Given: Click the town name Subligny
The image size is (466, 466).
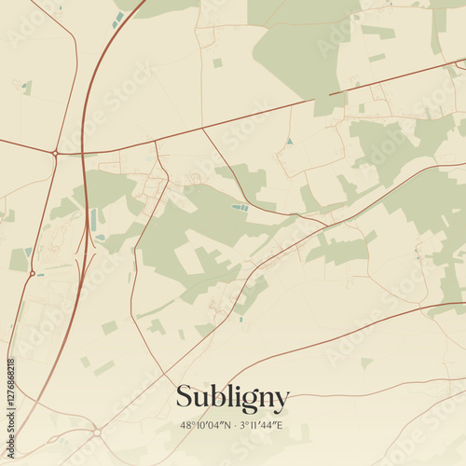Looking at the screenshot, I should (233, 397).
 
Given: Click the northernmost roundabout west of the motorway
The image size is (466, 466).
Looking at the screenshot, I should (55, 153).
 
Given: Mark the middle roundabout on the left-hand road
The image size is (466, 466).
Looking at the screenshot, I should (32, 273).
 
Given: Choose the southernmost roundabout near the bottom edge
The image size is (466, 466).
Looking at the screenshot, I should (97, 432).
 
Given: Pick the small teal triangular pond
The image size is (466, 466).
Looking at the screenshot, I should (289, 141).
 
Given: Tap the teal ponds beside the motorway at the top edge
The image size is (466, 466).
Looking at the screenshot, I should (118, 19).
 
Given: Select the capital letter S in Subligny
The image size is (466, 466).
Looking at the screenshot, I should (185, 397).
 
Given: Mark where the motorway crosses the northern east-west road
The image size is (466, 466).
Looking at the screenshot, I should (83, 152).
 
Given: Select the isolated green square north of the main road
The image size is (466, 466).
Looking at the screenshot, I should (217, 63).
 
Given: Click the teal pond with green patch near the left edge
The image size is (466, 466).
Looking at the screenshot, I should (27, 87).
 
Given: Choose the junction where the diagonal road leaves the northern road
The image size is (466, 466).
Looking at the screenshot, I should (203, 129).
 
